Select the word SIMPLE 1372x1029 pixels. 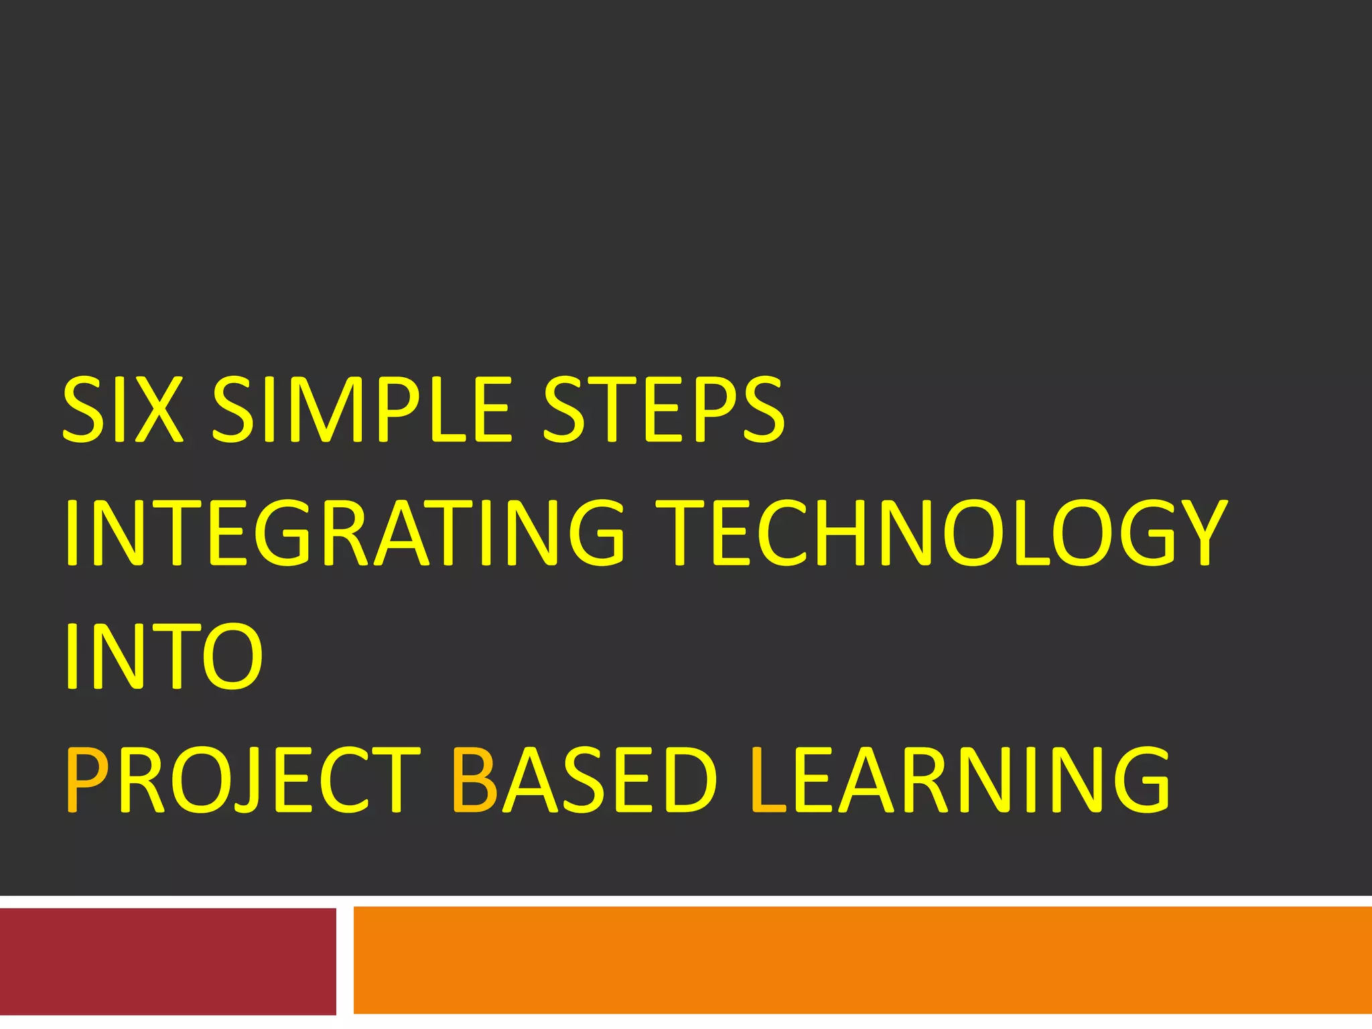tap(362, 410)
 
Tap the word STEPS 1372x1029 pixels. tap(663, 410)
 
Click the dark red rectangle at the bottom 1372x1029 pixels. tap(167, 961)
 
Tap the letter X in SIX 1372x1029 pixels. tap(159, 410)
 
